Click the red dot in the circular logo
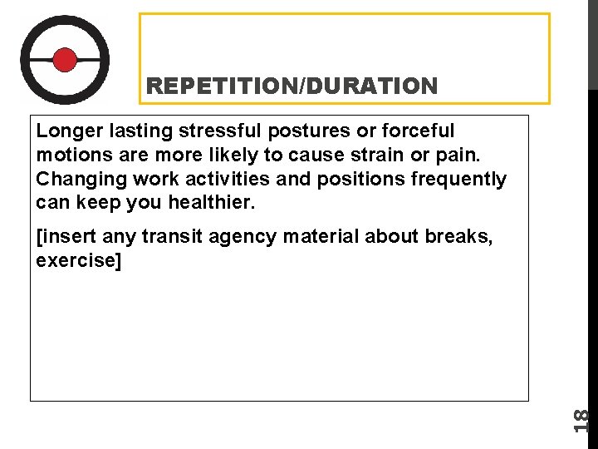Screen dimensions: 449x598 (x=65, y=60)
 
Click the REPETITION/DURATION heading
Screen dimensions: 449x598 (x=291, y=86)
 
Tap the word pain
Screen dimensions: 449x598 (x=432, y=155)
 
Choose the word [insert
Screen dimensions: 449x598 (x=66, y=238)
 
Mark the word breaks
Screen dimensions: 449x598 (x=458, y=238)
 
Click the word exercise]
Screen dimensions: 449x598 (x=79, y=262)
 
